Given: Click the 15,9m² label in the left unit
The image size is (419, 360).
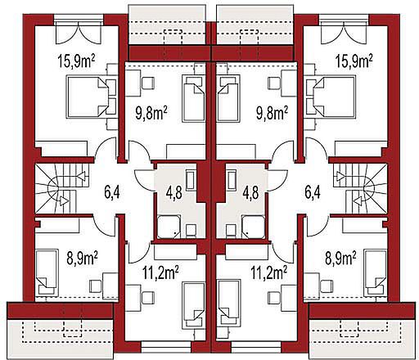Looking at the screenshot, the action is point(76,61).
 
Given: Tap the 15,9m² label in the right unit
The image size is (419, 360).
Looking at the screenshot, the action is point(354,61).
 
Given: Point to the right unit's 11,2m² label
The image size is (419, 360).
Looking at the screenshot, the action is point(268,273).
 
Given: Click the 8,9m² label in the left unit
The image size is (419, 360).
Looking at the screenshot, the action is point(83,258).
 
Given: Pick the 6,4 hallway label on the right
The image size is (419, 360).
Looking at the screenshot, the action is point(313,191).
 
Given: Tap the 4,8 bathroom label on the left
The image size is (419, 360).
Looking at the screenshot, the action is point(174,192).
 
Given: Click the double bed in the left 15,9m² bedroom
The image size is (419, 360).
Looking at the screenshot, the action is point(91,97).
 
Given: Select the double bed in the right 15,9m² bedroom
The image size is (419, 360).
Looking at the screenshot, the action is point(331,97).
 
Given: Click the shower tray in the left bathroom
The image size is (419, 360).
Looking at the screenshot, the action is point(169,227).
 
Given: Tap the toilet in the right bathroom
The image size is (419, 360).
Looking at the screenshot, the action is point(232,230).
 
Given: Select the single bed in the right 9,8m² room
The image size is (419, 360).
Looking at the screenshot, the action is point(228,99).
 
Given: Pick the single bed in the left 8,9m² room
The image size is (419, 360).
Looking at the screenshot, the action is point(47,272).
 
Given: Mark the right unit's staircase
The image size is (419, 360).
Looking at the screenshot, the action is point(359,188).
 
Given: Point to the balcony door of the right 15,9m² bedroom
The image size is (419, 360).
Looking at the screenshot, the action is point(344,34).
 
